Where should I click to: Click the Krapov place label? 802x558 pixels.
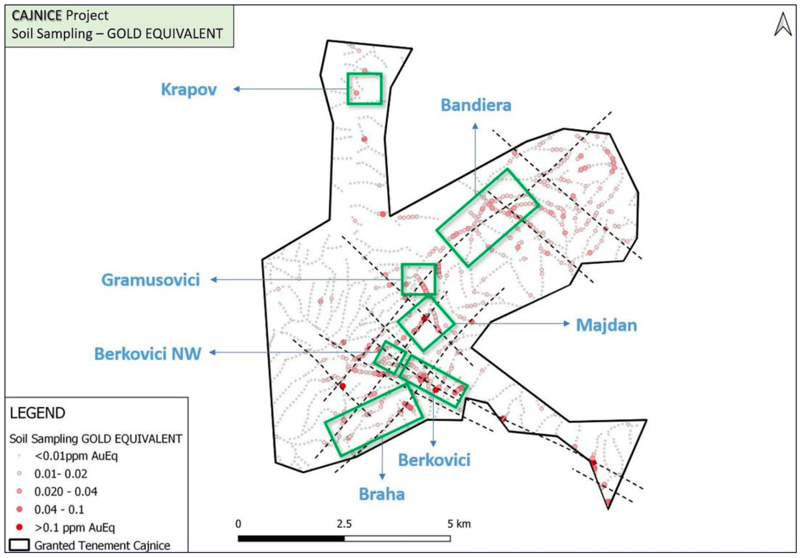point(188,89)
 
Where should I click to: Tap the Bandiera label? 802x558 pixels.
point(476,105)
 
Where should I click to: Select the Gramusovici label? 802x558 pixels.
point(151,280)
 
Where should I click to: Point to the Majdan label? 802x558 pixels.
point(606,325)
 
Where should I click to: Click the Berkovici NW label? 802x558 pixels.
point(147,353)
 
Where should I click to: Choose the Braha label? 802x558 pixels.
point(381,494)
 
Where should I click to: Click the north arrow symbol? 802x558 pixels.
point(783,24)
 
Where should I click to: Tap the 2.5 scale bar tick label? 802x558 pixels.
point(344,524)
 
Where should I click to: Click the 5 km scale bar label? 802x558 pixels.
point(459,524)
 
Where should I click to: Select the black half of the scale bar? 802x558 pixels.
point(291,538)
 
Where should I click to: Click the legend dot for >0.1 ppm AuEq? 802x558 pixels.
point(19,527)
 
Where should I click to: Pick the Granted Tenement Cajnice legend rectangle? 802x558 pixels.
point(19,545)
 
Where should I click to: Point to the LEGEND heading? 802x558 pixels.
point(37,413)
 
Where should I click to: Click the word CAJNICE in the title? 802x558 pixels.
point(37,15)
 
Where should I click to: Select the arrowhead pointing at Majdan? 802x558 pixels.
point(567,324)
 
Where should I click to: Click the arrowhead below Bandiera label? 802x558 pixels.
point(475,126)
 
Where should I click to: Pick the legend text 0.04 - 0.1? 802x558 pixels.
point(59,510)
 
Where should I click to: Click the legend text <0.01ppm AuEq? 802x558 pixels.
point(76,456)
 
